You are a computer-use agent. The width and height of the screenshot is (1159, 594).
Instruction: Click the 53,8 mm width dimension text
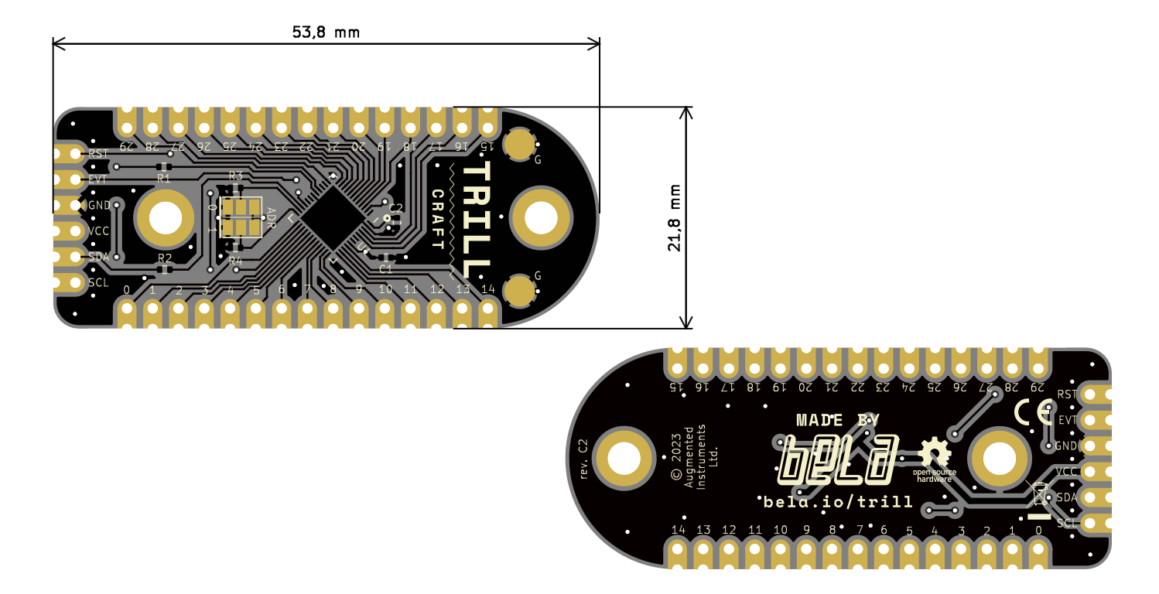tap(326, 32)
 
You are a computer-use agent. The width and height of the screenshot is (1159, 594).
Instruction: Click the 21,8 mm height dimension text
tap(675, 217)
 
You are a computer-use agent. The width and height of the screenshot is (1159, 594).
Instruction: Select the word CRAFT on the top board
tap(438, 219)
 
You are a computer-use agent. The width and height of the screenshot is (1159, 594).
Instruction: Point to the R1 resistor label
tap(163, 178)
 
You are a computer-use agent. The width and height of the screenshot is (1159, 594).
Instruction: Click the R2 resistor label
tap(165, 258)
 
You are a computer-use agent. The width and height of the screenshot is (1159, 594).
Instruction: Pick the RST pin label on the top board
tap(98, 154)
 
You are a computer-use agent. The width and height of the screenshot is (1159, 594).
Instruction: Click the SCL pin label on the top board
tap(98, 282)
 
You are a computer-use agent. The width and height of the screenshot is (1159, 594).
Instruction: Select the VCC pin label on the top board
tap(98, 230)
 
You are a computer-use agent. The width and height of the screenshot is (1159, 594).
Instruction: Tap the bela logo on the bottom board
tap(838, 462)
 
